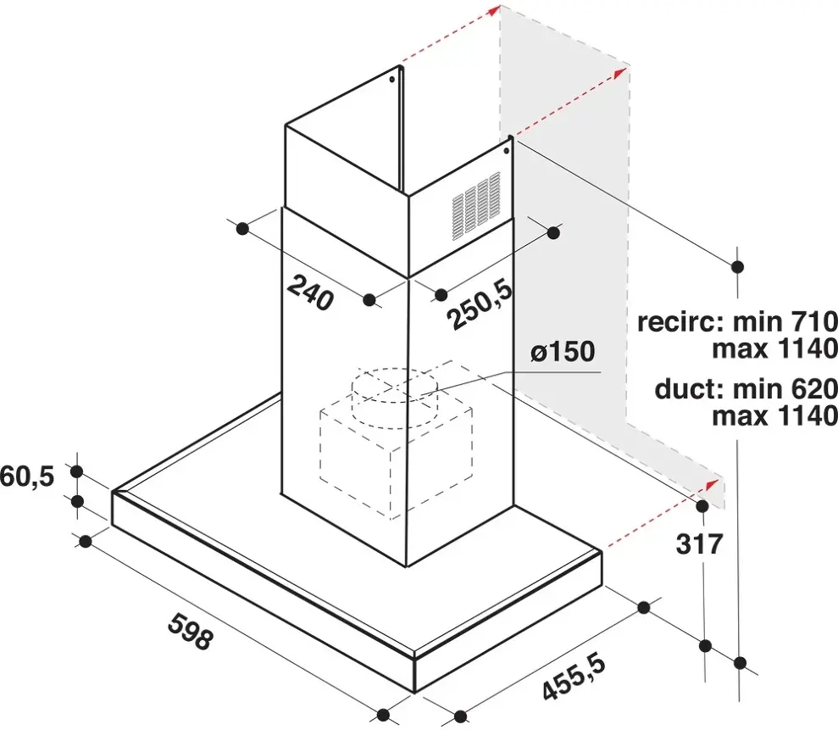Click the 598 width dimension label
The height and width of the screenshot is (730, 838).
click(x=191, y=631)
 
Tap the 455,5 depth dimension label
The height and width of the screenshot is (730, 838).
click(x=574, y=678)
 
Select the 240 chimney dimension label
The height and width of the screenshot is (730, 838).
click(x=310, y=293)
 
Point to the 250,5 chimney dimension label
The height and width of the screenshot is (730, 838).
click(x=480, y=304)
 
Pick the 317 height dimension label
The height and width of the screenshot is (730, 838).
click(x=699, y=544)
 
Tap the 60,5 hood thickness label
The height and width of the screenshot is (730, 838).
click(x=27, y=476)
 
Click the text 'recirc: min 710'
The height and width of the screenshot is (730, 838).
click(x=737, y=322)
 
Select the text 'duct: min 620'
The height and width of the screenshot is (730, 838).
click(x=746, y=389)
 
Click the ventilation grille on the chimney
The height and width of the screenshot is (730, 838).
click(x=476, y=205)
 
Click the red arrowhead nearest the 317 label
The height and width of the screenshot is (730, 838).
click(x=712, y=484)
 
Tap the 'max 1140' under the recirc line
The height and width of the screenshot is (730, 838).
click(x=775, y=349)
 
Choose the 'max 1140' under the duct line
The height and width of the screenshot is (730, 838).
click(x=775, y=415)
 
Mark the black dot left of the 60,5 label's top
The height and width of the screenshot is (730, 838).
click(x=77, y=471)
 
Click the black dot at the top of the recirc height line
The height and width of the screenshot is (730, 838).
click(x=737, y=266)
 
